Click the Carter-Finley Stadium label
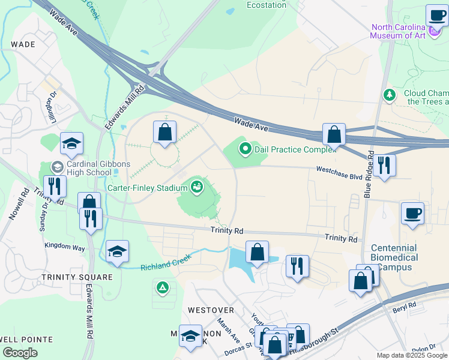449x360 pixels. (x=148, y=188)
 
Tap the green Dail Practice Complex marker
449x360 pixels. (x=245, y=149)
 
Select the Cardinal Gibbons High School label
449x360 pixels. (x=89, y=168)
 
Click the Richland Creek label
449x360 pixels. (x=166, y=262)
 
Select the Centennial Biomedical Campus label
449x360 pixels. (x=394, y=257)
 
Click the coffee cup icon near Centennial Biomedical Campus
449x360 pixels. (x=412, y=213)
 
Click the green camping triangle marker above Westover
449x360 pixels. (x=162, y=288)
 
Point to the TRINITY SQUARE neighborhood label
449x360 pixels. (x=77, y=277)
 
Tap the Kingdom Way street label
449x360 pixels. (x=64, y=246)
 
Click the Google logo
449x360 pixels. (x=20, y=353)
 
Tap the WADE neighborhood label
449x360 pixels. (x=23, y=44)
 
